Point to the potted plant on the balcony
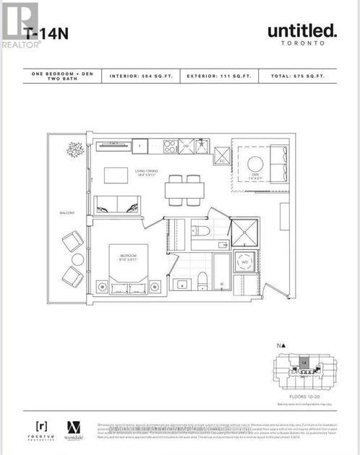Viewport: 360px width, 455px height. (73, 150)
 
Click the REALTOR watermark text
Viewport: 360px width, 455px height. (21, 44)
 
